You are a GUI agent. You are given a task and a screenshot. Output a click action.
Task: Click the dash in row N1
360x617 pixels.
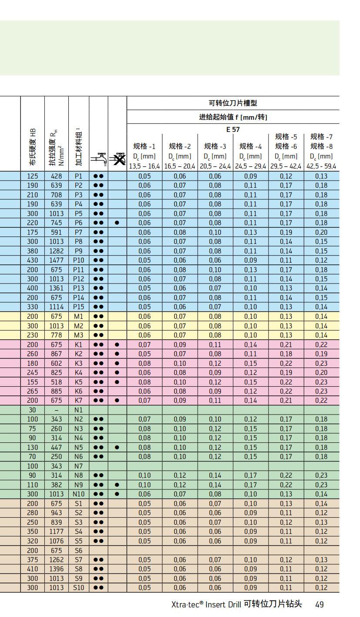coord(56,410)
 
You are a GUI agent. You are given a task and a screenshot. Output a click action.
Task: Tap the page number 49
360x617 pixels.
coord(320,604)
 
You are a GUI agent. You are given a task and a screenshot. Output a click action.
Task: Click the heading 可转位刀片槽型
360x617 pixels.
coord(233,103)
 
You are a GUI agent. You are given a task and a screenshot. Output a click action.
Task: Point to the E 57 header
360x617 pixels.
coord(233,129)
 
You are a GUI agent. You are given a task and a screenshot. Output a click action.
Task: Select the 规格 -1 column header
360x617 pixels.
coord(144,146)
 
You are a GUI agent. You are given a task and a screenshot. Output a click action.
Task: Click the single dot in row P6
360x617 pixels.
coord(117,223)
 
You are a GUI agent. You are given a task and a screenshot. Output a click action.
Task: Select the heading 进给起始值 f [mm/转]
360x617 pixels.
coord(233,117)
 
